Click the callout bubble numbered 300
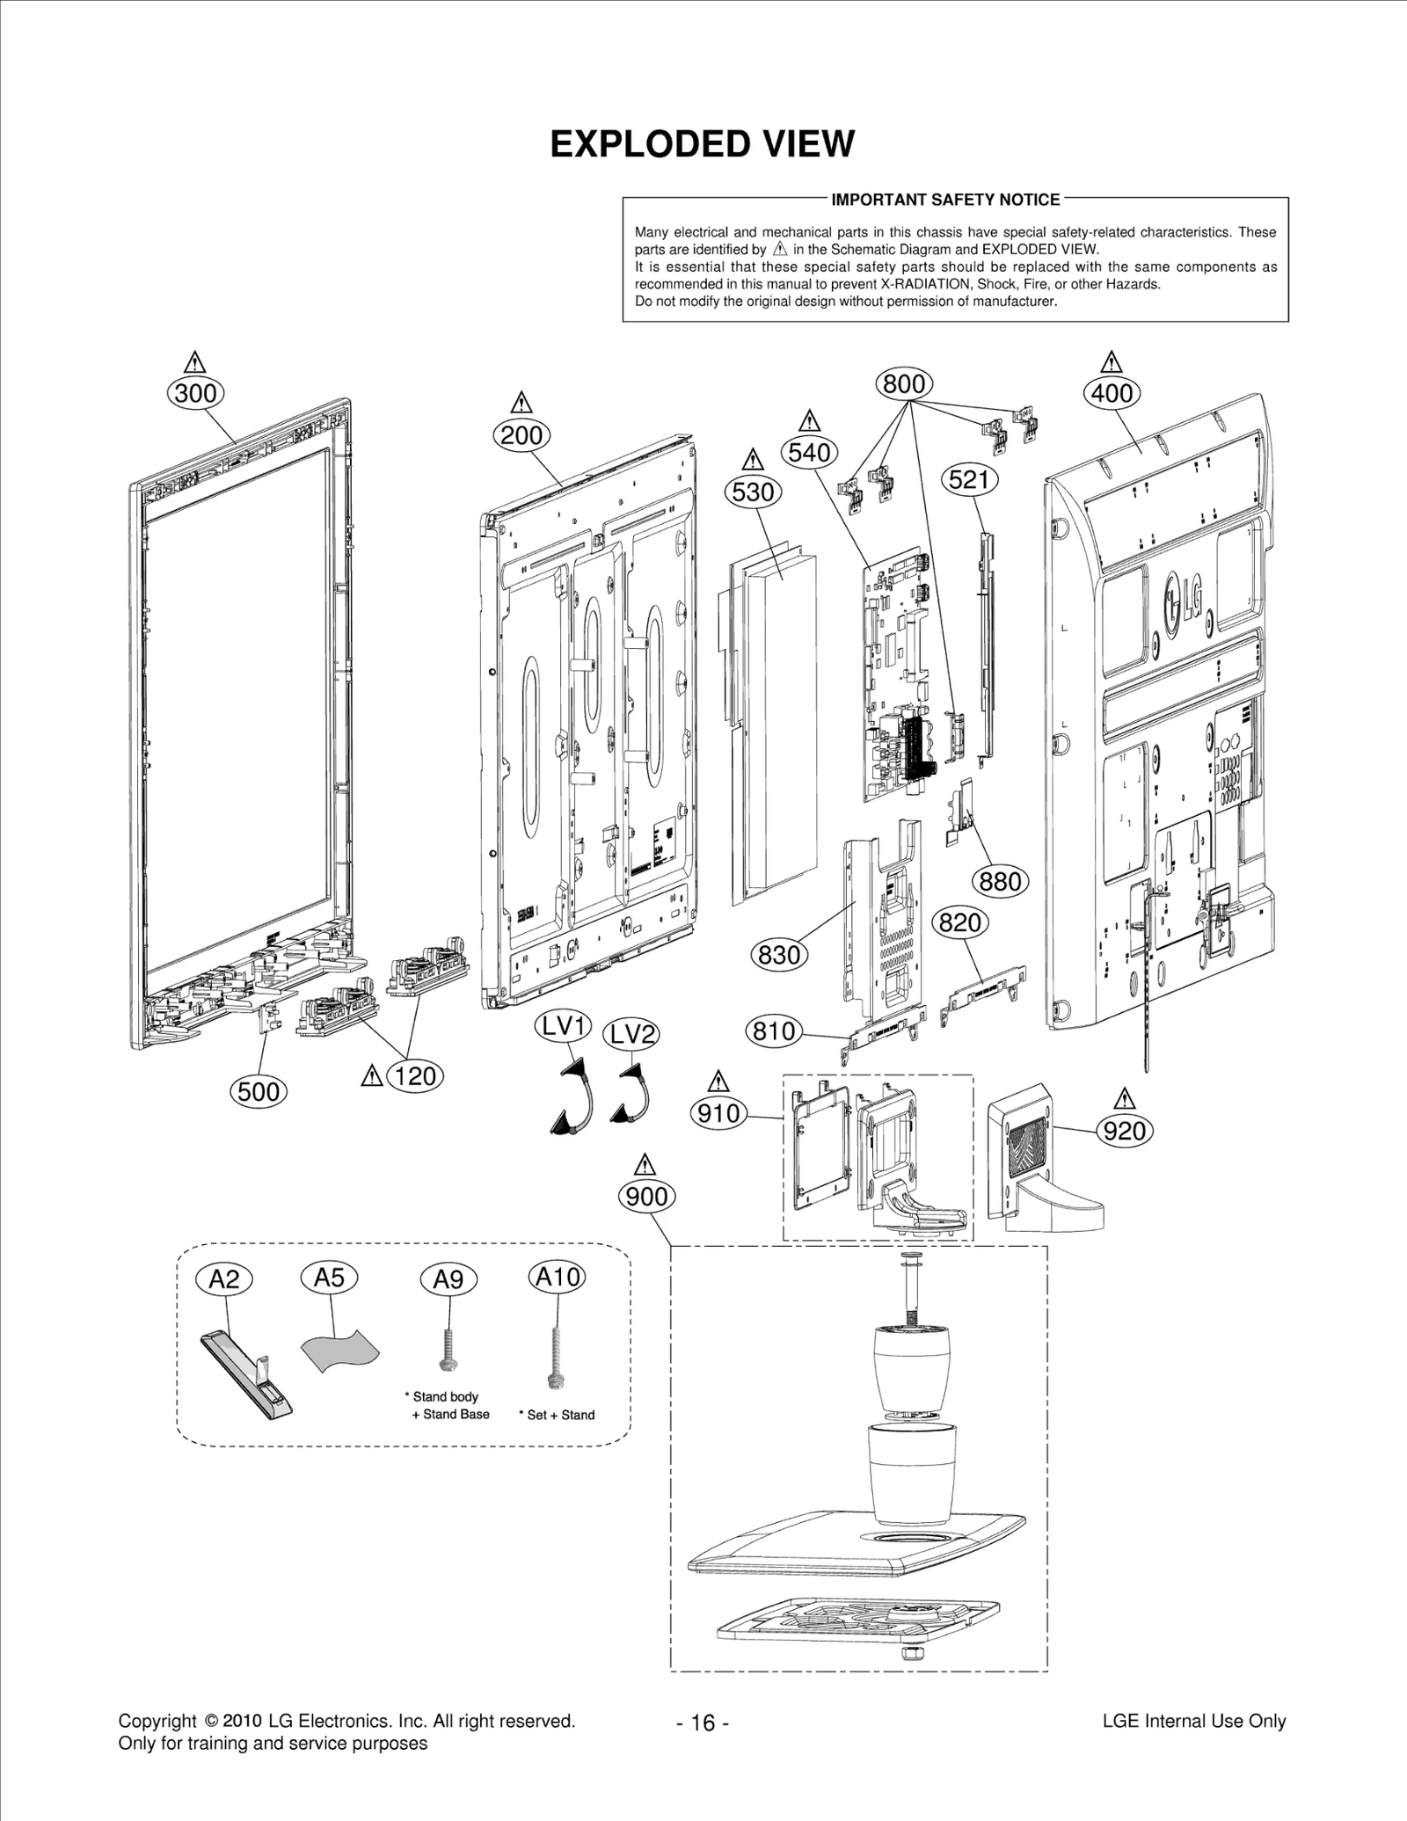195,393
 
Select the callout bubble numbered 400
1112,393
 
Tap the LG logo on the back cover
1184,602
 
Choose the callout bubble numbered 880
1000,881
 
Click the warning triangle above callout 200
521,403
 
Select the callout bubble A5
329,1278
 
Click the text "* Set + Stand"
557,1415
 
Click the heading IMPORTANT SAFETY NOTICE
945,200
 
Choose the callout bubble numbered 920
1124,1131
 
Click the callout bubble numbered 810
774,1031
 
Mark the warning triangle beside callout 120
372,1075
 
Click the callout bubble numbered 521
969,480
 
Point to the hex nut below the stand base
911,1653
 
